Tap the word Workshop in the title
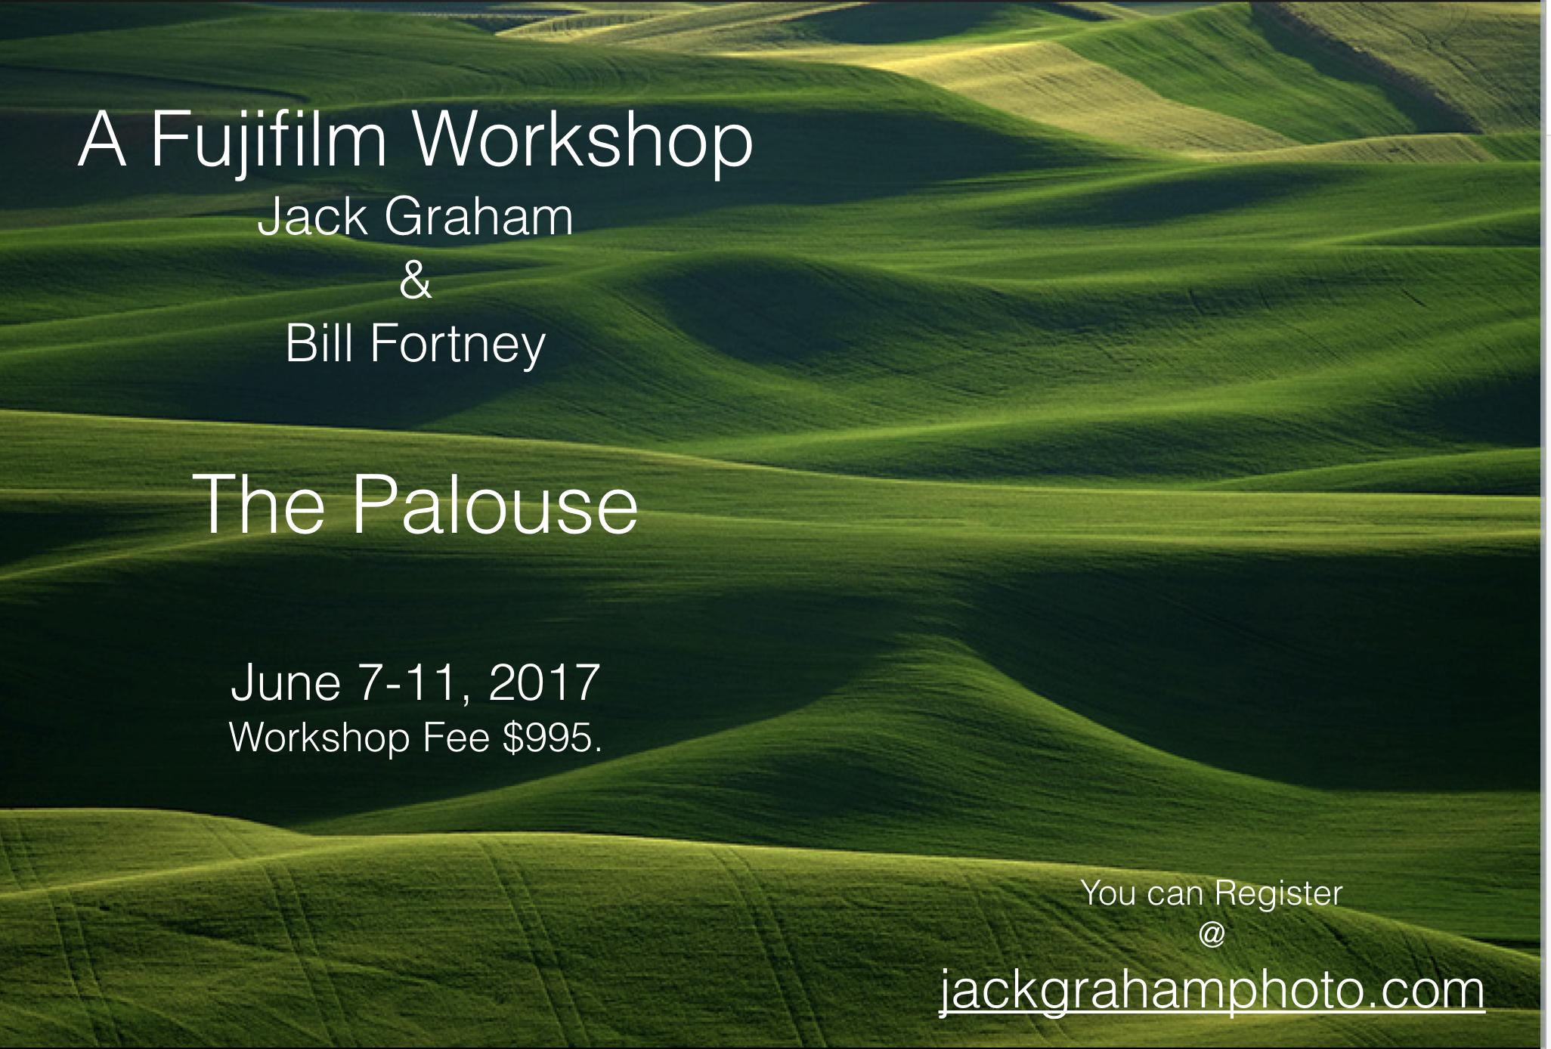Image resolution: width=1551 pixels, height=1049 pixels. tap(583, 140)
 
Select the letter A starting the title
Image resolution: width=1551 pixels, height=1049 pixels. tap(102, 140)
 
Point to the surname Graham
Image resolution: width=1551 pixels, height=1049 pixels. tap(479, 217)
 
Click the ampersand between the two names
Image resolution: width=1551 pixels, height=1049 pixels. tap(416, 280)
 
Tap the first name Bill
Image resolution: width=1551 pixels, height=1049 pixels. tap(320, 344)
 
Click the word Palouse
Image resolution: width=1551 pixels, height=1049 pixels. tap(496, 504)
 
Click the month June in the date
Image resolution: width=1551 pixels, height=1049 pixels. tap(286, 683)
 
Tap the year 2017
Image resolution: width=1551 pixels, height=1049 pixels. tap(544, 683)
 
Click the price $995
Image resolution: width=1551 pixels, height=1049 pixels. tap(552, 738)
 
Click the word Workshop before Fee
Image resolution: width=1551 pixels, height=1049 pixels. tap(319, 739)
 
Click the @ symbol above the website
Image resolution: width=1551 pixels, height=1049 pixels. tap(1212, 935)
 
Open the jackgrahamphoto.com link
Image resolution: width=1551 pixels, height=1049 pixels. tap(1212, 990)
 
